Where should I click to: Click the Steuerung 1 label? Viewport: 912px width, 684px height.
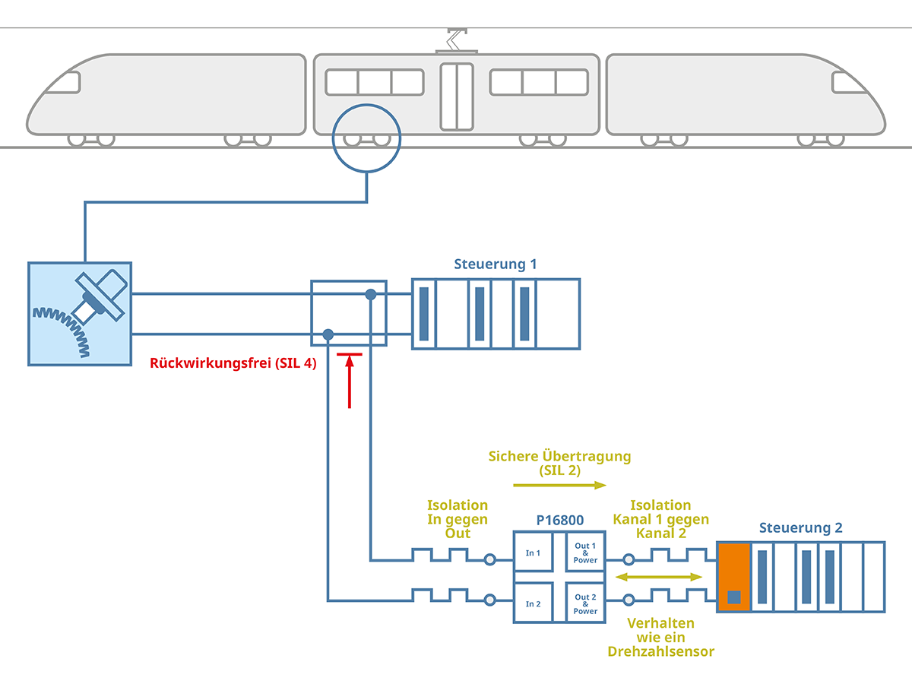pos(495,264)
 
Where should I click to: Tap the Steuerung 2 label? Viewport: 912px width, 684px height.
pos(800,528)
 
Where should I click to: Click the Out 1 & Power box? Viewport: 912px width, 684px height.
pos(585,553)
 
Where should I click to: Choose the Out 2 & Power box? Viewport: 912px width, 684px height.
pos(585,604)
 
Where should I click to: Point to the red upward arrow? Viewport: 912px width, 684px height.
pos(350,380)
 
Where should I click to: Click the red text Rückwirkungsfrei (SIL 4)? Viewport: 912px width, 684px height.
pos(233,363)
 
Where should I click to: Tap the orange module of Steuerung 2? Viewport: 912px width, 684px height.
pos(734,577)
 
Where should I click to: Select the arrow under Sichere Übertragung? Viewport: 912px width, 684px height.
pos(559,484)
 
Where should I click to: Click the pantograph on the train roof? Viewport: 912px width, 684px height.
pos(456,41)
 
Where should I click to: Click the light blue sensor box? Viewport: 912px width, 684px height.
pos(80,314)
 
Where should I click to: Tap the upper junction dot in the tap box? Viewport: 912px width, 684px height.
pos(371,294)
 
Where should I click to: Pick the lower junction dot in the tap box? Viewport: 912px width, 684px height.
pos(328,334)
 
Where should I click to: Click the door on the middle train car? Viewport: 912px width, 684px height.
pos(456,96)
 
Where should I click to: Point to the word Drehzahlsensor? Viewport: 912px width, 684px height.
pos(660,651)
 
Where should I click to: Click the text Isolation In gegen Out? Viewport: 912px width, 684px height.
pos(458,519)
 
